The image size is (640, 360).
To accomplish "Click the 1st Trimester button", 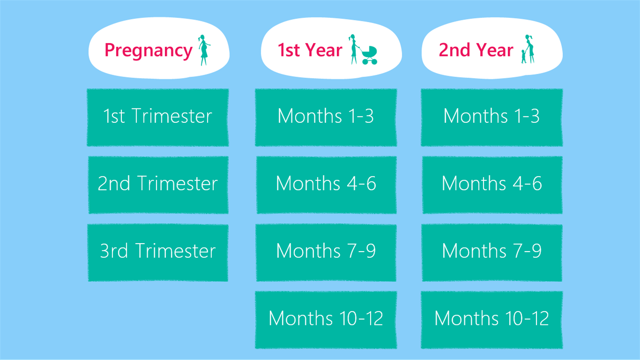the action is pyautogui.click(x=158, y=117).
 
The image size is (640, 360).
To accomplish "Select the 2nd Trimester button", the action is pyautogui.click(x=158, y=185).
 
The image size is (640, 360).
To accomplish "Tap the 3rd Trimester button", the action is pyautogui.click(x=158, y=252).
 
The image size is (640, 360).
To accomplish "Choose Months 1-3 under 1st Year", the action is pyautogui.click(x=326, y=117).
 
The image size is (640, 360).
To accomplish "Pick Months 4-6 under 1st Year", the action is pyautogui.click(x=326, y=185).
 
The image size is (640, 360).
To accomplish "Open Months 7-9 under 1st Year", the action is pyautogui.click(x=326, y=252).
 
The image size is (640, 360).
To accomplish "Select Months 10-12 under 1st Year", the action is pyautogui.click(x=326, y=320).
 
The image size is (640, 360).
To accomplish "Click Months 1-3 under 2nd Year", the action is pyautogui.click(x=492, y=117).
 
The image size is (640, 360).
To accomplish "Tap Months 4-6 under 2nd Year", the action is pyautogui.click(x=492, y=185).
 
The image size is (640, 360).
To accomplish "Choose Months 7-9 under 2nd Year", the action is pyautogui.click(x=492, y=252).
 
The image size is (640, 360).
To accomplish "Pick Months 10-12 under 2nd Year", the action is pyautogui.click(x=492, y=320).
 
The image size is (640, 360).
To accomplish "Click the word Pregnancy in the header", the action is pyautogui.click(x=148, y=51).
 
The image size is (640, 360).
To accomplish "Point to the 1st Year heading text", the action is pyautogui.click(x=310, y=50).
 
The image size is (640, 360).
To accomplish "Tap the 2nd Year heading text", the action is pyautogui.click(x=476, y=50).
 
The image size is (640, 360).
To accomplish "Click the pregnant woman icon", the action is pyautogui.click(x=204, y=50).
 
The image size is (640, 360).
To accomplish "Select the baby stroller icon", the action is pyautogui.click(x=369, y=55).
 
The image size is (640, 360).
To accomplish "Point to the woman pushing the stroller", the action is pyautogui.click(x=354, y=49).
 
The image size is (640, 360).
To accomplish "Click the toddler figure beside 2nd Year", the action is pyautogui.click(x=524, y=56).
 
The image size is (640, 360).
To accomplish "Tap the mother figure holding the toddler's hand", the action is pyautogui.click(x=530, y=49).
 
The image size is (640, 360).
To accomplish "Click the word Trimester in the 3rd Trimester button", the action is pyautogui.click(x=176, y=251).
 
